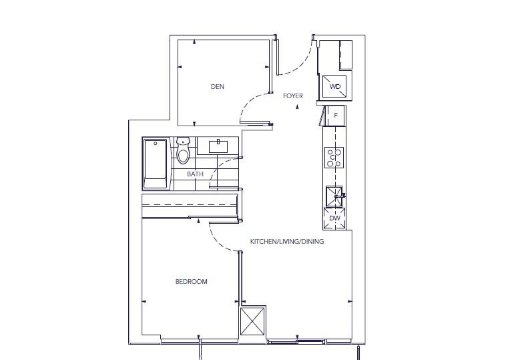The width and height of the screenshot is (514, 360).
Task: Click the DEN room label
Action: (218, 87)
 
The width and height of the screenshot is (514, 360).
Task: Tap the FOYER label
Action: (293, 96)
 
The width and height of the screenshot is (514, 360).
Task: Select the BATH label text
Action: (195, 174)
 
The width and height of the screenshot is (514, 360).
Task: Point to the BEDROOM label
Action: (192, 282)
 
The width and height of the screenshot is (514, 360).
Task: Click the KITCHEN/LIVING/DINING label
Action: (287, 242)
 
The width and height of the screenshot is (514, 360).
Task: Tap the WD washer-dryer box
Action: (334, 87)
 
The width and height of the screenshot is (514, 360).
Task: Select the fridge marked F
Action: (334, 116)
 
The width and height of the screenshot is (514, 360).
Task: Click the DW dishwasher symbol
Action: (334, 218)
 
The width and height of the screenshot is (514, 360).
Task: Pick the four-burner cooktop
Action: (334, 158)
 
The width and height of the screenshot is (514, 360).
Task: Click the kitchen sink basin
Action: (334, 196)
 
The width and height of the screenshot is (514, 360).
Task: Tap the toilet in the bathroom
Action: (183, 150)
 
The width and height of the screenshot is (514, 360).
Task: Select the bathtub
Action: (156, 164)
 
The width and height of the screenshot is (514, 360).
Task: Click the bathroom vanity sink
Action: (218, 146)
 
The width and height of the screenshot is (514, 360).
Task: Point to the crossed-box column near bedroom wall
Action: (253, 321)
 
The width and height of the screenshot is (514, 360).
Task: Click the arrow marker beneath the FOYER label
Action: (297, 107)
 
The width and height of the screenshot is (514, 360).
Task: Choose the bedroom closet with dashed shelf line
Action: (190, 206)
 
